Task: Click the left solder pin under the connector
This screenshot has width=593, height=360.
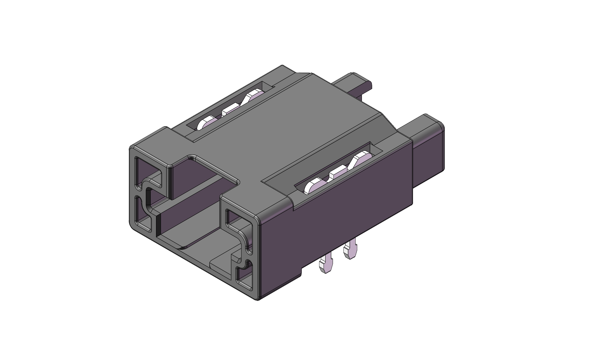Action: pos(326,265)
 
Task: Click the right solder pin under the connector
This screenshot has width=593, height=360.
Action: pos(350,250)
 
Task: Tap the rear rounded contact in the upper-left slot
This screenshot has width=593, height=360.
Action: pos(254,97)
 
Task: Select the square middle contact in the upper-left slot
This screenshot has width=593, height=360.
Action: pos(231,109)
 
